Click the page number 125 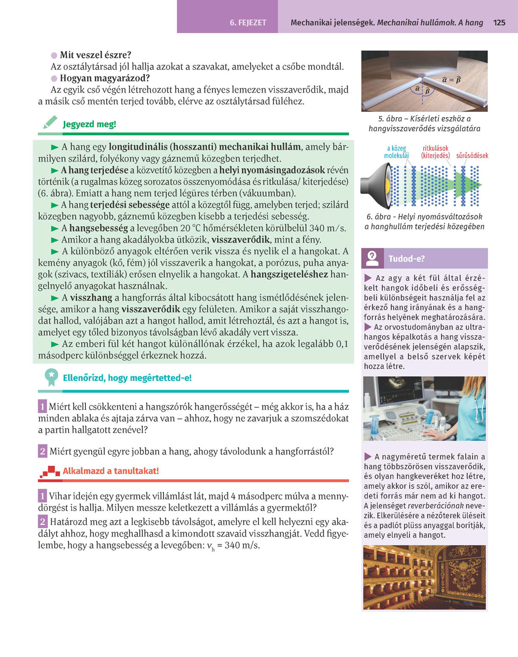(499, 23)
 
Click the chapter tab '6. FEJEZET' (248, 23)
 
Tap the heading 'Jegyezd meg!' (90, 124)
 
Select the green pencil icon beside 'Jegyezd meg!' (50, 123)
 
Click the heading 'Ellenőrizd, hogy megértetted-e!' (127, 378)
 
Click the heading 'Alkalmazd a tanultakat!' (111, 471)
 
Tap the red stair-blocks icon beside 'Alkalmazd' (50, 472)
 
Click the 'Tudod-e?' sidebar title (407, 259)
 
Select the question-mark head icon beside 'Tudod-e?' (372, 258)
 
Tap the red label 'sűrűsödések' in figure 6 (472, 155)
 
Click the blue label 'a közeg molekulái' (396, 152)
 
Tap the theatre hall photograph (424, 577)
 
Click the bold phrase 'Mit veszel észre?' (95, 55)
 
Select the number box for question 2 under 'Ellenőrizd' (42, 451)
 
